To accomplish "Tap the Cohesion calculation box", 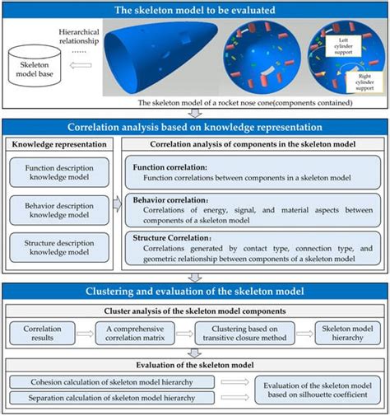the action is click(114, 382).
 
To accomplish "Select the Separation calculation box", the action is click(114, 400).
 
